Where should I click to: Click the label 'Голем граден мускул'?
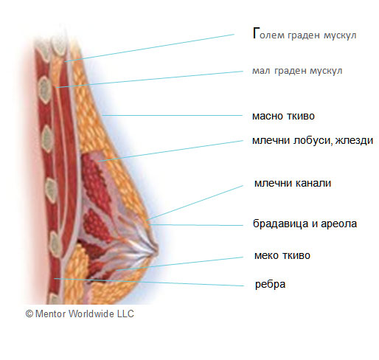tap(305, 34)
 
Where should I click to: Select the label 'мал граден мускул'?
tap(297, 71)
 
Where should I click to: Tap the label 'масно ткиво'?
tap(283, 116)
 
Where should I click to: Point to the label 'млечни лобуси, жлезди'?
tap(313, 140)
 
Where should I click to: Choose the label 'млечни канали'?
tap(293, 183)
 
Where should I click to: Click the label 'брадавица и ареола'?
tap(305, 224)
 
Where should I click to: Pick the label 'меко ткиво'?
tap(282, 255)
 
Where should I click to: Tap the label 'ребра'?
tap(270, 285)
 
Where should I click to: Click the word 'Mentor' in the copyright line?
tap(50, 314)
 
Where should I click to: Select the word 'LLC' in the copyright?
tap(125, 314)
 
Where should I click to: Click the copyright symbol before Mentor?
tap(29, 314)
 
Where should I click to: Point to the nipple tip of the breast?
tap(156, 251)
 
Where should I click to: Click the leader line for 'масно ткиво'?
tap(173, 115)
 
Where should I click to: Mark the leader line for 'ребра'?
tap(149, 282)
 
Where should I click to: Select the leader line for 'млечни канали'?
tap(195, 202)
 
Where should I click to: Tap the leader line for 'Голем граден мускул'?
tap(150, 48)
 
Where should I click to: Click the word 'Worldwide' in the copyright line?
tap(91, 314)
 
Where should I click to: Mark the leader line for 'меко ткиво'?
tap(179, 263)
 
